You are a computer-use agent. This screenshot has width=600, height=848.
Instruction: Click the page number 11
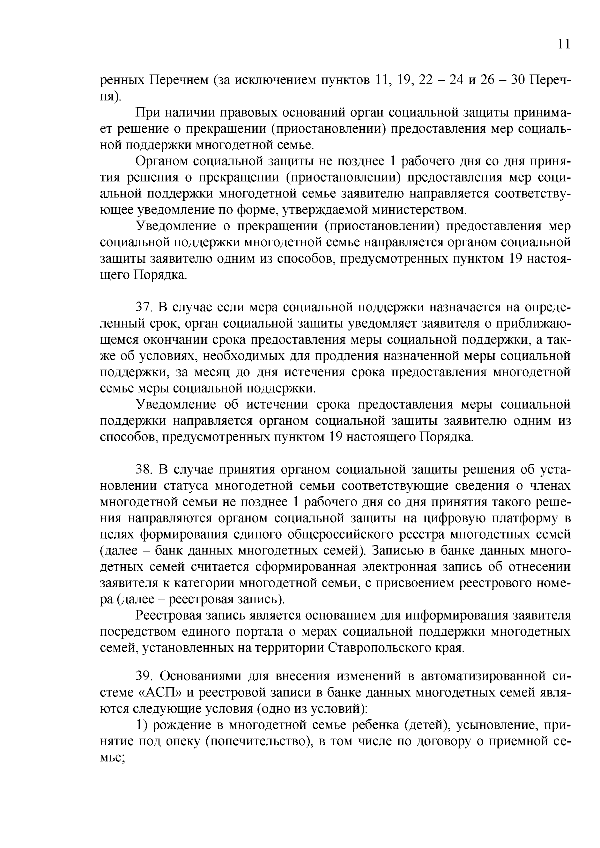point(563,44)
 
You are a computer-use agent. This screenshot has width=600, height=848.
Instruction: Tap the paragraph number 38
point(144,470)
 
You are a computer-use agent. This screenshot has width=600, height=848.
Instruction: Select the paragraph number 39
point(144,677)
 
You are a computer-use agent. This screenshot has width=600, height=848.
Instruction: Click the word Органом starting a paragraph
point(161,161)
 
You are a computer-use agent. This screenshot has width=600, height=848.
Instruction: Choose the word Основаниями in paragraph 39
point(200,677)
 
